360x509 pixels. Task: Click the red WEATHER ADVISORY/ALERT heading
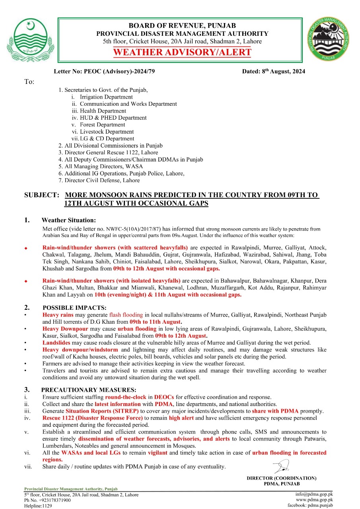tap(182, 52)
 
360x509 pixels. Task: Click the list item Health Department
tap(103, 111)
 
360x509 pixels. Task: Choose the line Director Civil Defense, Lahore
tap(102, 180)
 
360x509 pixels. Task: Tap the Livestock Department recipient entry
tap(107, 132)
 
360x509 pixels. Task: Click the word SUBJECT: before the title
tap(42, 195)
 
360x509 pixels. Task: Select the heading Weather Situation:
tap(68, 220)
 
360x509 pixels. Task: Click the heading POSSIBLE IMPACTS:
tap(74, 308)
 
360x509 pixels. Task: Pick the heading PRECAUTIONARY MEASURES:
tap(89, 389)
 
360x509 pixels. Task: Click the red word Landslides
tap(56, 343)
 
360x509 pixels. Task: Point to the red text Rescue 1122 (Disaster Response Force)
tap(92, 418)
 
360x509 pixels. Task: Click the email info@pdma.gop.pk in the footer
tap(314, 494)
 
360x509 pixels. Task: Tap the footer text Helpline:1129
tap(38, 506)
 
